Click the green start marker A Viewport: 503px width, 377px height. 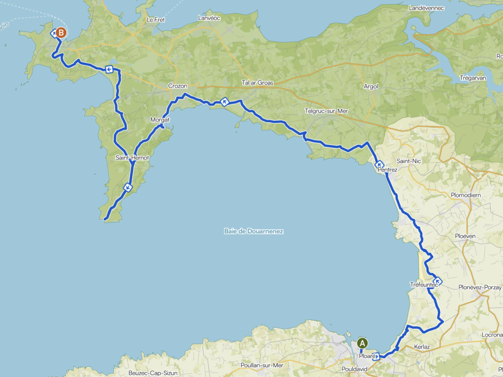click(363, 343)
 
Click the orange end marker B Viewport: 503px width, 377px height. click(60, 33)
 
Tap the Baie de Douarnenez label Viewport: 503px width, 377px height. click(253, 231)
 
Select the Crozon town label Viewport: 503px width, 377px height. click(178, 86)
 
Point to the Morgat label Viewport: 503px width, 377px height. click(160, 120)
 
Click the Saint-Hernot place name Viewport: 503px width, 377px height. click(132, 158)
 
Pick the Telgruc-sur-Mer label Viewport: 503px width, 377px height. click(326, 111)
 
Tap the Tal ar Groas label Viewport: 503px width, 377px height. click(257, 83)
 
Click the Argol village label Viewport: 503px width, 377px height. click(371, 86)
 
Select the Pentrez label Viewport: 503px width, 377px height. click(387, 169)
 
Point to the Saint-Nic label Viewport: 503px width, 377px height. click(409, 161)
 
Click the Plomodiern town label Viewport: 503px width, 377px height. click(465, 195)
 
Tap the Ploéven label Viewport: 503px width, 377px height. click(465, 236)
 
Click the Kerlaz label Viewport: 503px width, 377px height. click(422, 347)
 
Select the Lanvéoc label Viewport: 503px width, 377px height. click(209, 18)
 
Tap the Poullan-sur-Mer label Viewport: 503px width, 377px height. click(262, 365)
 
